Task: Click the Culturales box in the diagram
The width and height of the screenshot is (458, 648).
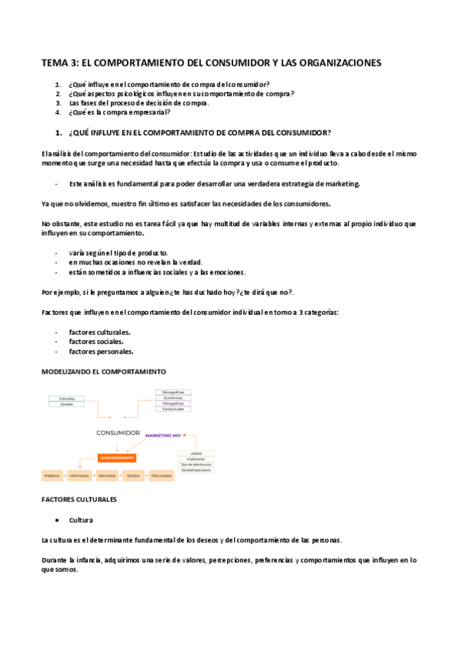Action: [67, 398]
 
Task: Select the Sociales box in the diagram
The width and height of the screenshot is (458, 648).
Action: [67, 404]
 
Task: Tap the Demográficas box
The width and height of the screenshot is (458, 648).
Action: [173, 391]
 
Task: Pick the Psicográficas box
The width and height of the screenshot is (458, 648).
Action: [173, 403]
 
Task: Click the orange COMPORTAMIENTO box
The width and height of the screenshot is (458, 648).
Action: [116, 458]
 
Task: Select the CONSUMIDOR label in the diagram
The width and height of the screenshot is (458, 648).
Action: [118, 433]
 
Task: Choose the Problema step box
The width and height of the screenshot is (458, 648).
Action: [52, 475]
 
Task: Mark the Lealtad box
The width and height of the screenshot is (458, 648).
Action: [196, 452]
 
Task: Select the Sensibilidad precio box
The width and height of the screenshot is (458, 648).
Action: [196, 471]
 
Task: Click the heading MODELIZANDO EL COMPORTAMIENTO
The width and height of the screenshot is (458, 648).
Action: [103, 371]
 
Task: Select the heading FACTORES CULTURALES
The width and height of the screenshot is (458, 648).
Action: [80, 499]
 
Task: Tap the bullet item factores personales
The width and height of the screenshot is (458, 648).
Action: [101, 352]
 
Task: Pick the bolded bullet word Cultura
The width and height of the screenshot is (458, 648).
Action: [81, 520]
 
